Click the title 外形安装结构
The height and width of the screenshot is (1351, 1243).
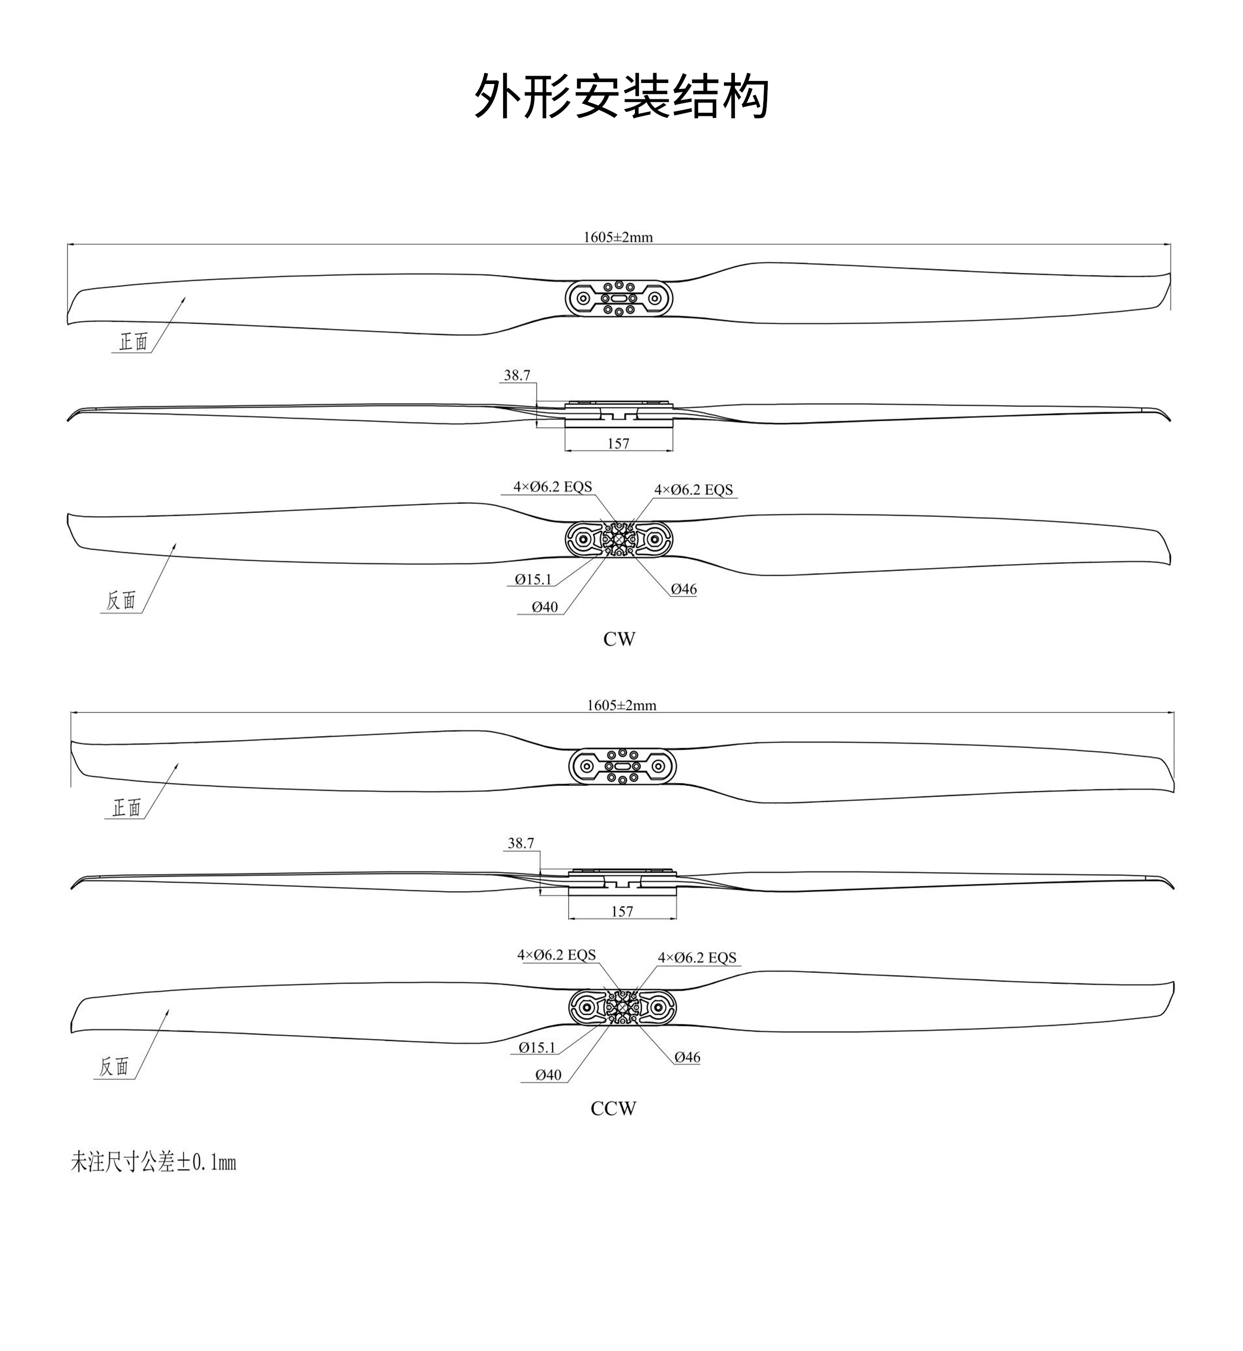[x=621, y=96]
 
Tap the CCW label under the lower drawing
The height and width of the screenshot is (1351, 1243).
[x=614, y=1108]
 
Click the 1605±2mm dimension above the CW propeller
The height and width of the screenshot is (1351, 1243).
[x=618, y=237]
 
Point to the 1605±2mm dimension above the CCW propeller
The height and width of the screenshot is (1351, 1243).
[x=621, y=705]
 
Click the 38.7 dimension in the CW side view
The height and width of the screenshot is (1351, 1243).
[x=517, y=375]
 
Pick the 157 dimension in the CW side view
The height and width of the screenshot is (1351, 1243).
[x=618, y=443]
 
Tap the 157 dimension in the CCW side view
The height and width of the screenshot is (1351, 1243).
[x=622, y=911]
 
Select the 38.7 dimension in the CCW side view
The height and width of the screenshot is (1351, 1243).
[x=521, y=844]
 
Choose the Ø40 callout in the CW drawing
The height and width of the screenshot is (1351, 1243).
[x=545, y=606]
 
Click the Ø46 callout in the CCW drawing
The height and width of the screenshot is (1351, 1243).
[x=688, y=1057]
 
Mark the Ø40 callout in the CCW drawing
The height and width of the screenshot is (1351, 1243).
[x=548, y=1075]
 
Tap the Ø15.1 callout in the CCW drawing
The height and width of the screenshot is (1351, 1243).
[x=537, y=1047]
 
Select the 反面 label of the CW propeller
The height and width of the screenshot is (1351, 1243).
[x=121, y=600]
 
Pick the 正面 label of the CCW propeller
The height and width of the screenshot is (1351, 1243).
[x=126, y=808]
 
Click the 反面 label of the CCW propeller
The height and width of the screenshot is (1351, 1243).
[x=114, y=1067]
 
